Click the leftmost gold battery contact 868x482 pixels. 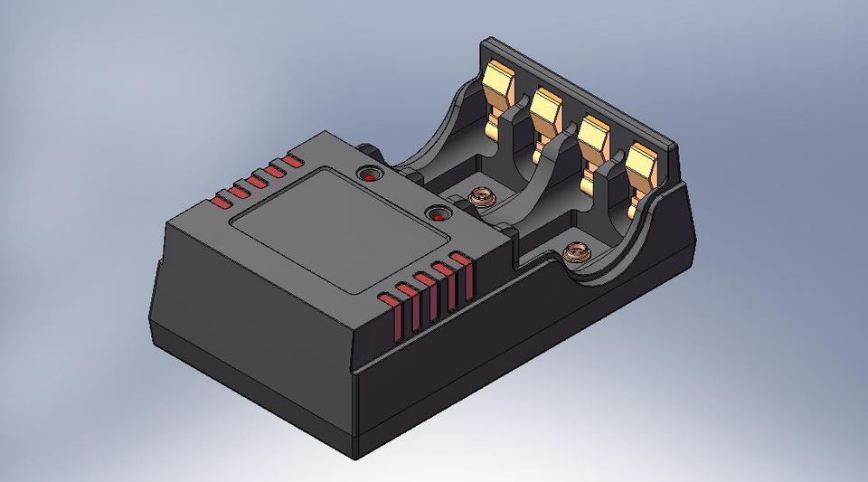pos(500,86)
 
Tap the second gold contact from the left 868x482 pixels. pos(547,109)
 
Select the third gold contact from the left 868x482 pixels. pos(593,134)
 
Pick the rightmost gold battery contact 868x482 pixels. pos(641,163)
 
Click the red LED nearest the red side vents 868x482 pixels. pos(439,216)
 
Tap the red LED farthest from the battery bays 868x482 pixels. pos(370,175)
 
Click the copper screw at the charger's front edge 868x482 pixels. pos(574,251)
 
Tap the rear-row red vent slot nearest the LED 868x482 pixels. pos(291,163)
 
